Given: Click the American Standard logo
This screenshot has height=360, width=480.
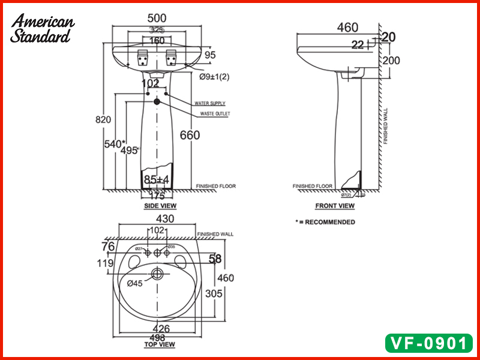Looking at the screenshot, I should point(42,28).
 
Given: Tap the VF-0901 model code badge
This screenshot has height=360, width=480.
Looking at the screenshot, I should point(428,343).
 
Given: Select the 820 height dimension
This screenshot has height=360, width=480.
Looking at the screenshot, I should point(103,119).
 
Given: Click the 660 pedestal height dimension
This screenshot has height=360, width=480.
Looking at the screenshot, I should point(190,135).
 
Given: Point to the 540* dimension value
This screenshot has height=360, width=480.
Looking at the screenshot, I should point(114,143).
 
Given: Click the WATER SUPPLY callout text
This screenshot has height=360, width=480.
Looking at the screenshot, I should point(209,104).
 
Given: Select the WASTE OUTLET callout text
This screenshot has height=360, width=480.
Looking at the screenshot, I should point(214,113).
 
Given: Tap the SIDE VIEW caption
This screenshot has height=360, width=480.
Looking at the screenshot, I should point(160,206).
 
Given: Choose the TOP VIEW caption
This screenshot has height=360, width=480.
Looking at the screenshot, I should point(159,344).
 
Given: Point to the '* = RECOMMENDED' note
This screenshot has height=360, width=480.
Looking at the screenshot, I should point(325,222).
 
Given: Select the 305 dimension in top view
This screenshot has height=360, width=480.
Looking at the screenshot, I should point(214,293).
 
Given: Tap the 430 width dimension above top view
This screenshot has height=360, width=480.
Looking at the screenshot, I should point(165,220).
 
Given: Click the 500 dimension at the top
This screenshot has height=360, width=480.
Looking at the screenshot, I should point(157,19).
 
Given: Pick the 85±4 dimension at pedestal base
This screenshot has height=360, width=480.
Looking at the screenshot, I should point(157,179).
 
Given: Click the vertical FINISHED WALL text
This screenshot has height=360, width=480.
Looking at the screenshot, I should point(386,126).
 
